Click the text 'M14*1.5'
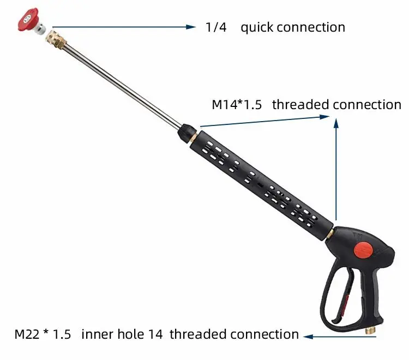236,105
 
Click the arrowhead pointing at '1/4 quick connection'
191,26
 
